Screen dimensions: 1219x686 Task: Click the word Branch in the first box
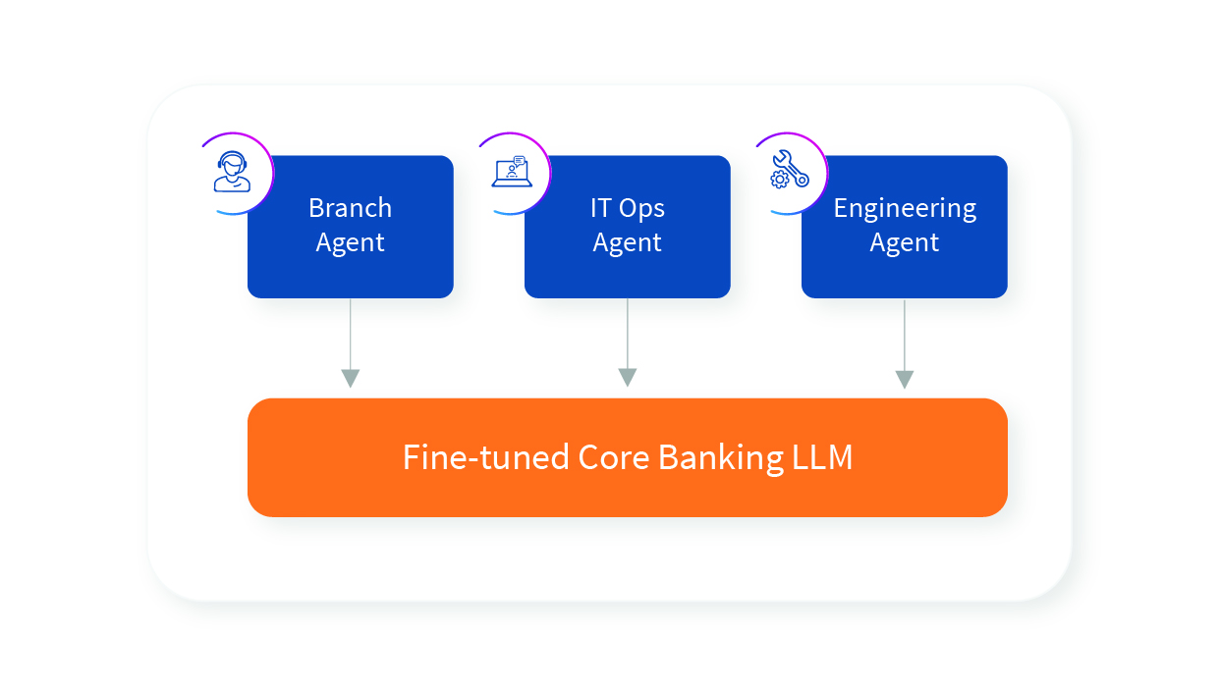pyautogui.click(x=350, y=208)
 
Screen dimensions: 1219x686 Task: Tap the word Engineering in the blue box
pyautogui.click(x=905, y=209)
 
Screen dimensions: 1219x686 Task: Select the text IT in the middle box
pyautogui.click(x=600, y=208)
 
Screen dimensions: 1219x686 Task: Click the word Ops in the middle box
pyautogui.click(x=641, y=209)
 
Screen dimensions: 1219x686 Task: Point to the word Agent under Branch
pyautogui.click(x=350, y=243)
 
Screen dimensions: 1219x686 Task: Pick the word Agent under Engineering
pyautogui.click(x=905, y=243)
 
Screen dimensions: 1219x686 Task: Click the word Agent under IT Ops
pyautogui.click(x=627, y=243)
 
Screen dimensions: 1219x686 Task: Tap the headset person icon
pyautogui.click(x=232, y=172)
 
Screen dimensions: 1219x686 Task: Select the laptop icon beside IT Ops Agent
pyautogui.click(x=512, y=172)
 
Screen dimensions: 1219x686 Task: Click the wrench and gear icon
pyautogui.click(x=790, y=170)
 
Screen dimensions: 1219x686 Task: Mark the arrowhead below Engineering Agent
pyautogui.click(x=905, y=380)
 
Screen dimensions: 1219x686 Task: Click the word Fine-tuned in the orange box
pyautogui.click(x=485, y=457)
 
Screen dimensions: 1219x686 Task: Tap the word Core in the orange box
pyautogui.click(x=613, y=457)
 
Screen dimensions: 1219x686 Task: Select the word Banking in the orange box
pyautogui.click(x=721, y=458)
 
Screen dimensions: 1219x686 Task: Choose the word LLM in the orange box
pyautogui.click(x=822, y=457)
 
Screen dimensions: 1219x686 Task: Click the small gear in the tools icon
pyautogui.click(x=780, y=179)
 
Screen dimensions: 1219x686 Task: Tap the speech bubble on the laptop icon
pyautogui.click(x=520, y=161)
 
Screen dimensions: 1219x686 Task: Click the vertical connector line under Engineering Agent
pyautogui.click(x=905, y=335)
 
